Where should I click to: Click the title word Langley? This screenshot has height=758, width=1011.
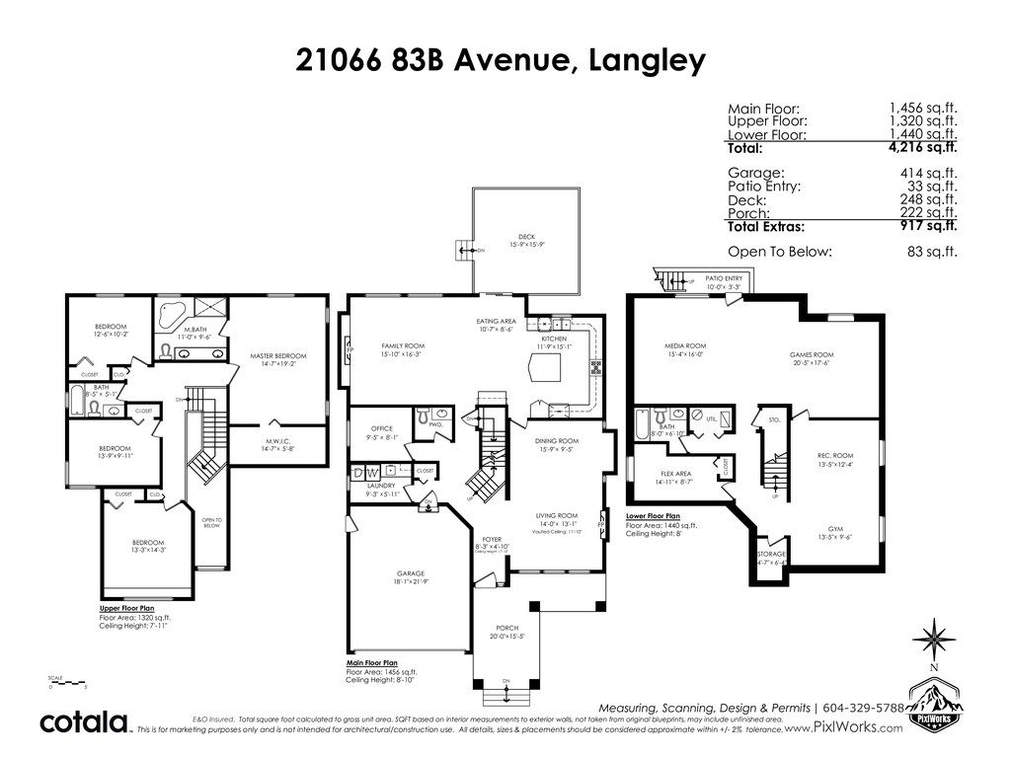click(647, 60)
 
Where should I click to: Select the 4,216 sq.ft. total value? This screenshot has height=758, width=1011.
click(923, 148)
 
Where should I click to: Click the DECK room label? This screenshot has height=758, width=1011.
click(526, 238)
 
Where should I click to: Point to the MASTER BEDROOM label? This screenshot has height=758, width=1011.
click(277, 356)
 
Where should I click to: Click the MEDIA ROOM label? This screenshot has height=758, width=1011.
click(682, 346)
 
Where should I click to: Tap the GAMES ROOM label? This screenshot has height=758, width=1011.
click(812, 354)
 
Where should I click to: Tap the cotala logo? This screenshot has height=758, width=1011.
click(85, 721)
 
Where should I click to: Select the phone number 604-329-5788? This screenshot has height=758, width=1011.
click(862, 708)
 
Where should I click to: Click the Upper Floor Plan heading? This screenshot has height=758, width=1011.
click(125, 609)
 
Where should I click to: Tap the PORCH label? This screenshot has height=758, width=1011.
click(506, 628)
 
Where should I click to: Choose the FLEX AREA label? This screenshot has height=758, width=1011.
click(675, 473)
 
